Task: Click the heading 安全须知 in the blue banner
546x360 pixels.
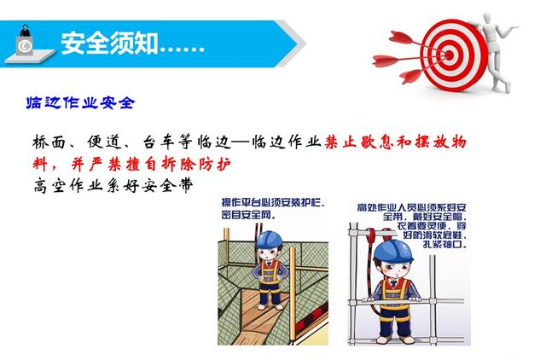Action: [x=109, y=44]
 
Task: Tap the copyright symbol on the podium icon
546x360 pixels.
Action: [x=25, y=46]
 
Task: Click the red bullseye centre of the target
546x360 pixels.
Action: [x=450, y=55]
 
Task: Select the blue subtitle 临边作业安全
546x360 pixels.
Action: [x=80, y=102]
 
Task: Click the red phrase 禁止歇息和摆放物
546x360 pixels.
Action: [x=395, y=142]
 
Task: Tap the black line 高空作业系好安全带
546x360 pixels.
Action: [x=113, y=186]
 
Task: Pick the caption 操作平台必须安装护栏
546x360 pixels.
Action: [x=274, y=202]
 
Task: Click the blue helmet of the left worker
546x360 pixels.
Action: [x=269, y=239]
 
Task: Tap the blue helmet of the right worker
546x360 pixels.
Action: [x=392, y=251]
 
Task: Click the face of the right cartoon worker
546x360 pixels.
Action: [x=394, y=270]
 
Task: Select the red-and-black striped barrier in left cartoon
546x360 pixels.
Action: [x=311, y=318]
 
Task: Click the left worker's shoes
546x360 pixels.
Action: [x=270, y=307]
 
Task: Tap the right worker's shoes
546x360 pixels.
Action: [x=392, y=339]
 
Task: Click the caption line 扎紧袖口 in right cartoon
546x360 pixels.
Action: [x=444, y=245]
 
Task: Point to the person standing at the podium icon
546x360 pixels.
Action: [x=25, y=31]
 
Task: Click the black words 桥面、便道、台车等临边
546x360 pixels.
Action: [x=132, y=142]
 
